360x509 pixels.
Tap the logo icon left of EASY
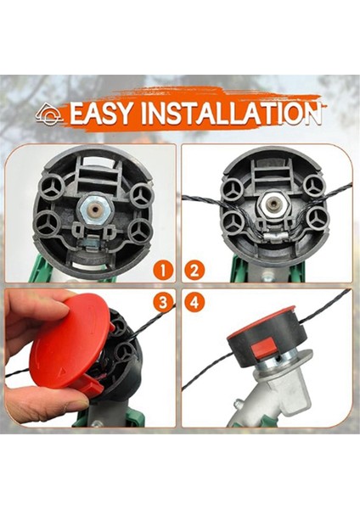coord(48,112)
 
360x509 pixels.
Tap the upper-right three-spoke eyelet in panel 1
coord(139,194)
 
